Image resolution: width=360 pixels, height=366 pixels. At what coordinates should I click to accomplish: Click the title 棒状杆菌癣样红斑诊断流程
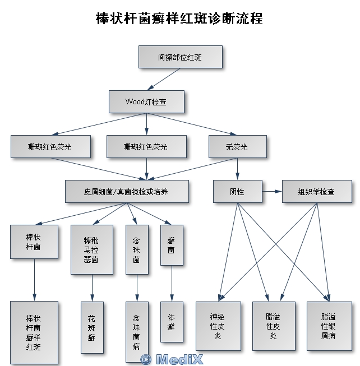pyautogui.click(x=179, y=18)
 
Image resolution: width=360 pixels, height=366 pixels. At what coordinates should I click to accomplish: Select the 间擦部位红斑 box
pyautogui.click(x=180, y=57)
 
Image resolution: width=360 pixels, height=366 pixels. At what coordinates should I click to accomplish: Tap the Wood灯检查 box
pyautogui.click(x=146, y=102)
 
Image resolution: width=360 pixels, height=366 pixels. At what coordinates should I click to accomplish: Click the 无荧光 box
pyautogui.click(x=237, y=146)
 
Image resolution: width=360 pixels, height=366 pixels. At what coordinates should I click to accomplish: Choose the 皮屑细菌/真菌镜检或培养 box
pyautogui.click(x=126, y=191)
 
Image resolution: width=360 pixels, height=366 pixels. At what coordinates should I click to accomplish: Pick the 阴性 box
pyautogui.click(x=237, y=191)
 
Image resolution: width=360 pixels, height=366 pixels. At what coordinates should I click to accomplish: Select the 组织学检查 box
pyautogui.click(x=317, y=191)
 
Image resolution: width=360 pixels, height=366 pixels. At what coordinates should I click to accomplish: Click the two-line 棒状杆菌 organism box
pyautogui.click(x=34, y=242)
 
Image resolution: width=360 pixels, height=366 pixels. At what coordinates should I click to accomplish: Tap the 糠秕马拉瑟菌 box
pyautogui.click(x=91, y=249)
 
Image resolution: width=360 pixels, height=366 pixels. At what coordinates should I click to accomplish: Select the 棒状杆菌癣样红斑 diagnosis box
pyautogui.click(x=34, y=332)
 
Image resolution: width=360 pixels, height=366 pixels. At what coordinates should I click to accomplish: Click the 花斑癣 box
pyautogui.click(x=91, y=327)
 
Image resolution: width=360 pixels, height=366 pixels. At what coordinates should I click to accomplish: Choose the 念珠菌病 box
pyautogui.click(x=136, y=332)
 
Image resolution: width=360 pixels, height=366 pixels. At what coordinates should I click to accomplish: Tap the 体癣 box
pyautogui.click(x=171, y=321)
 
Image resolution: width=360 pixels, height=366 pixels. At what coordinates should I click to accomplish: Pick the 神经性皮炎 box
pyautogui.click(x=218, y=326)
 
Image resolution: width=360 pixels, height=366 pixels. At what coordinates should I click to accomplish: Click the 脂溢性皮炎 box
pyautogui.click(x=273, y=326)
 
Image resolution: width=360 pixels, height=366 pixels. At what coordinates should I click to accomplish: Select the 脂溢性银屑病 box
pyautogui.click(x=329, y=326)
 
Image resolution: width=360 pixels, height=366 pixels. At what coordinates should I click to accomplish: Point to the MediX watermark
pyautogui.click(x=172, y=359)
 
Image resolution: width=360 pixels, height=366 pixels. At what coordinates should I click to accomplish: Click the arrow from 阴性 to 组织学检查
pyautogui.click(x=271, y=191)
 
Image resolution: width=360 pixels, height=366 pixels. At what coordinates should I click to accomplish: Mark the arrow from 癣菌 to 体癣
pyautogui.click(x=171, y=284)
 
